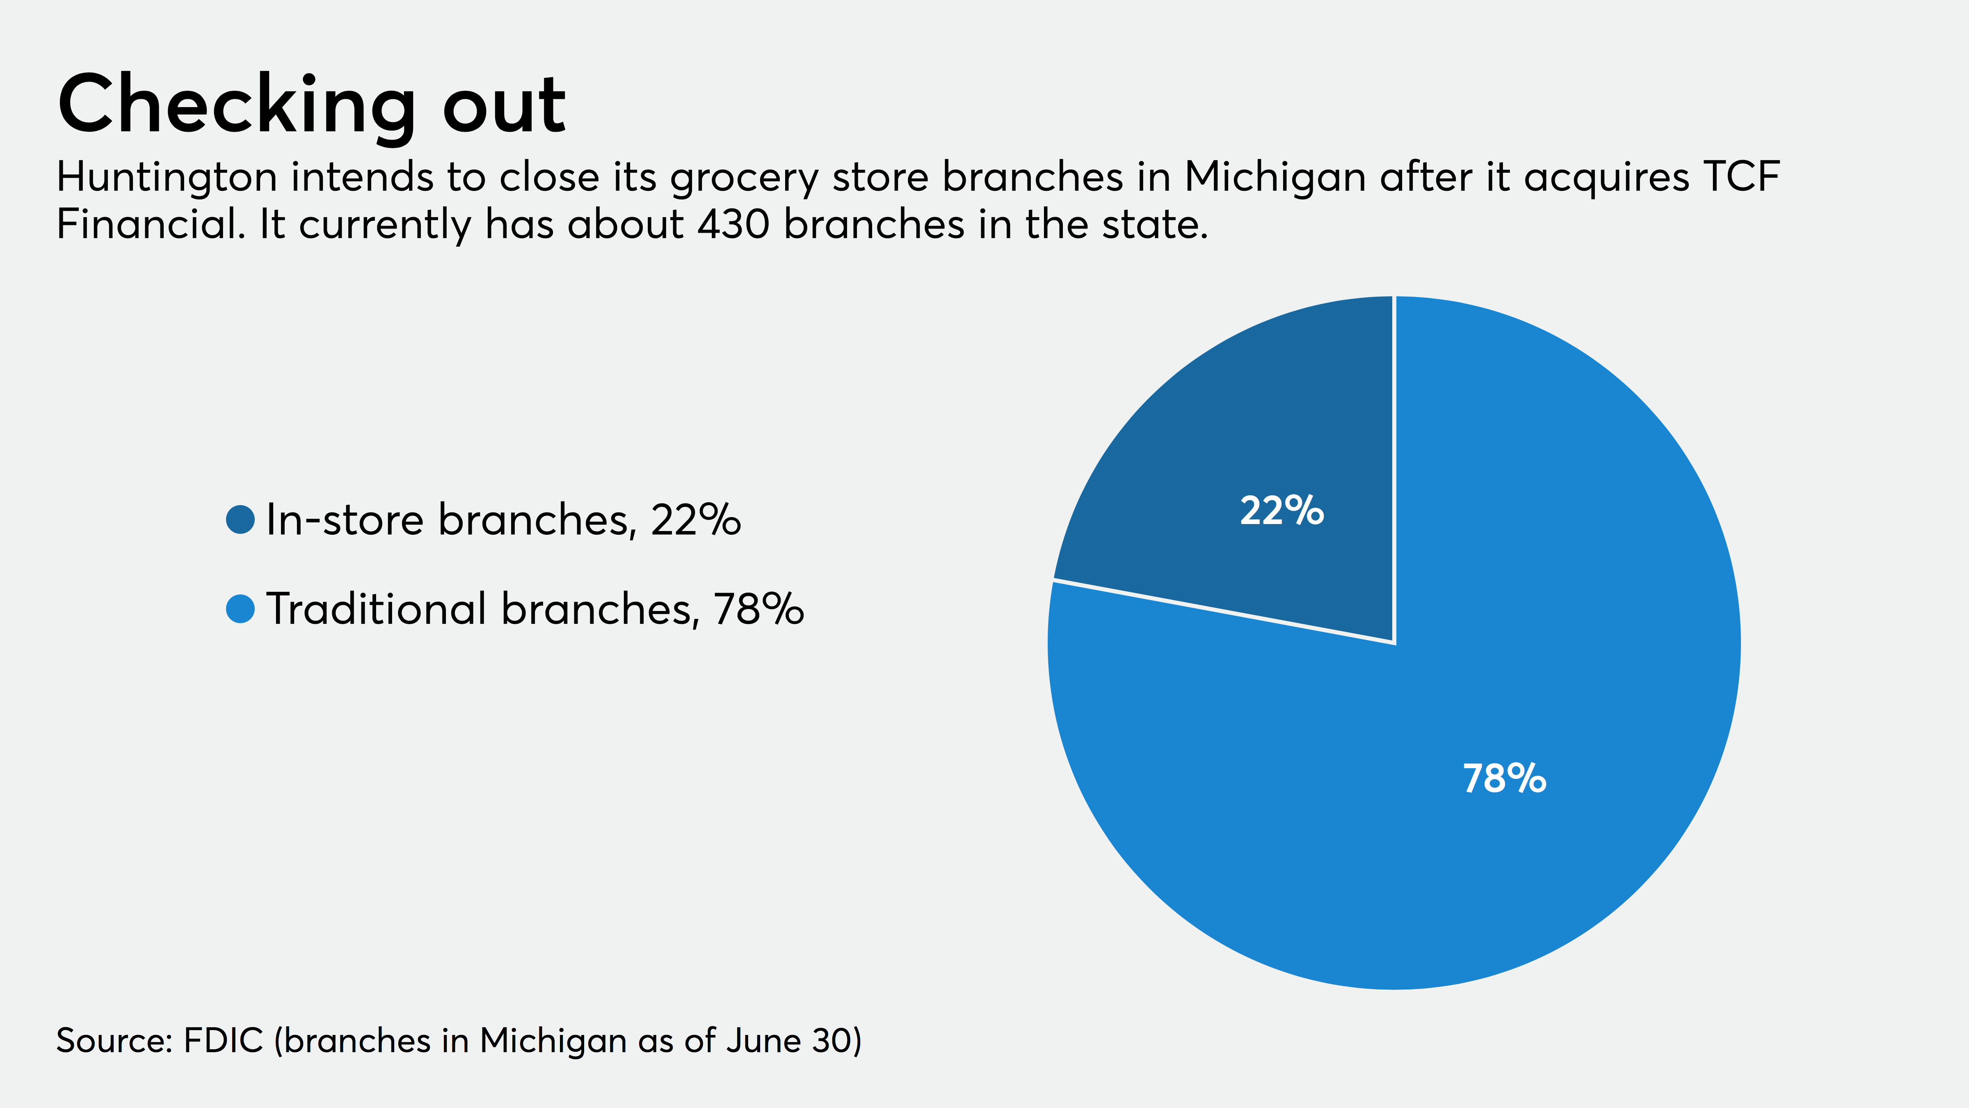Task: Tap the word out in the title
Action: (505, 107)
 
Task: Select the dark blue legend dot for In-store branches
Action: (240, 520)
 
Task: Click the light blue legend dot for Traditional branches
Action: (240, 609)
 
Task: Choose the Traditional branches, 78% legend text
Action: (535, 609)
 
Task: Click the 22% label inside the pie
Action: (1282, 511)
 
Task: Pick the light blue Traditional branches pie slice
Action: (1452, 765)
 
